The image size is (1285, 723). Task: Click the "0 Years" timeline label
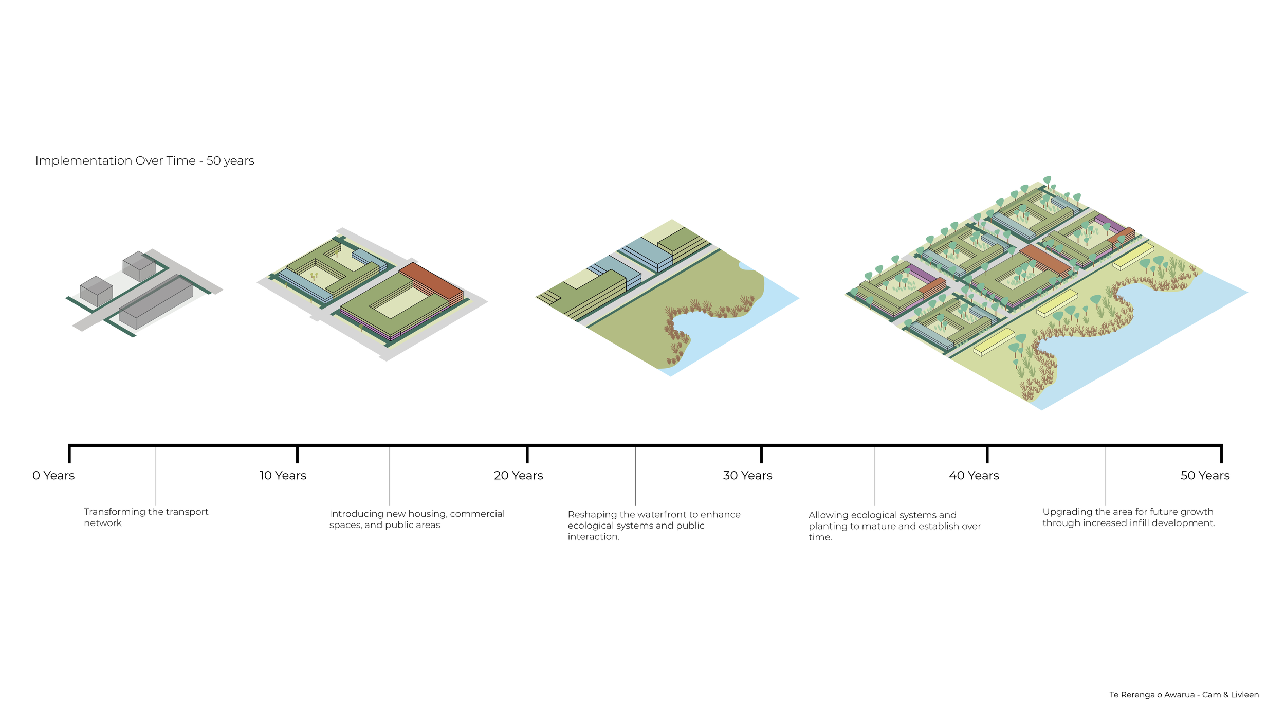[x=53, y=476]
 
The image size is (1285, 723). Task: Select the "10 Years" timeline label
[x=283, y=476]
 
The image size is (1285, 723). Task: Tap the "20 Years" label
[x=519, y=476]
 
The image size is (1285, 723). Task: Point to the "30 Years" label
[x=748, y=476]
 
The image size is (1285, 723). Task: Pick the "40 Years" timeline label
[x=974, y=476]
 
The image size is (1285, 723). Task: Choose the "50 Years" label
[x=1205, y=476]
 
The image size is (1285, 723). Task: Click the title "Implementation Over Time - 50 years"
[x=144, y=161]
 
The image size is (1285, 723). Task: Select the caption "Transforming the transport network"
[x=146, y=517]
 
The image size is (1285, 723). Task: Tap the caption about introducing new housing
[x=417, y=519]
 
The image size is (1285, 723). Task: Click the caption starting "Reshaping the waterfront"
[x=654, y=526]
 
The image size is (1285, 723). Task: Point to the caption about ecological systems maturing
[x=894, y=526]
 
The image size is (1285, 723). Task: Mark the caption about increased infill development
[x=1129, y=517]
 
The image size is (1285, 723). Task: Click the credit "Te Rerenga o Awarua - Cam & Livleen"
[x=1184, y=695]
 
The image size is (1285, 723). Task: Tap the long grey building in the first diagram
[x=156, y=302]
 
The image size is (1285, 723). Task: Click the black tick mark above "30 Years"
[x=761, y=454]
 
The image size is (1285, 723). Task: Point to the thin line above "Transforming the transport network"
[x=155, y=476]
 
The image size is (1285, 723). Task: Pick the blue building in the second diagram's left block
[x=305, y=286]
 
